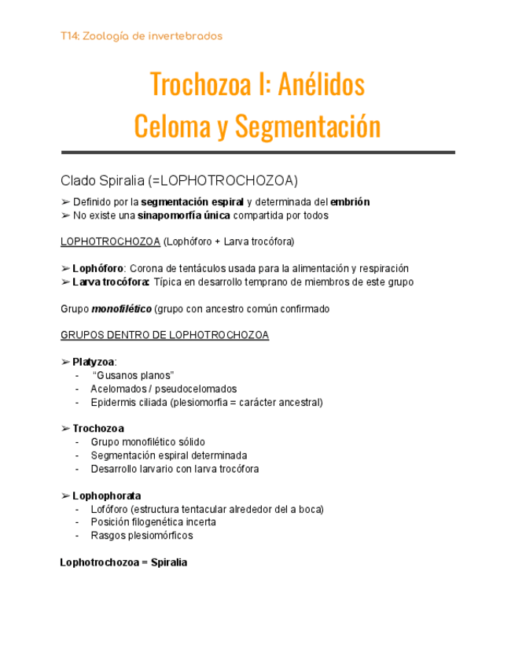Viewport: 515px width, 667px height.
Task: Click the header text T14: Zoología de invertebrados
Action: tap(142, 36)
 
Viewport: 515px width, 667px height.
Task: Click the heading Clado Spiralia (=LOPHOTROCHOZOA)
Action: tap(179, 180)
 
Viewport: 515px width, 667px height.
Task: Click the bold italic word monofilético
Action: tap(121, 309)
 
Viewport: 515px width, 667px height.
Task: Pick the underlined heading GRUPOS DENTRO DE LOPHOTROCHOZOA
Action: tap(164, 335)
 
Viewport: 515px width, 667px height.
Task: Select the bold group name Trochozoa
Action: tap(98, 429)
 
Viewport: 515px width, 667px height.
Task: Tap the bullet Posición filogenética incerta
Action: tap(153, 522)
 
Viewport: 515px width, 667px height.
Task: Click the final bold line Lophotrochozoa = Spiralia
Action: tap(123, 562)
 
